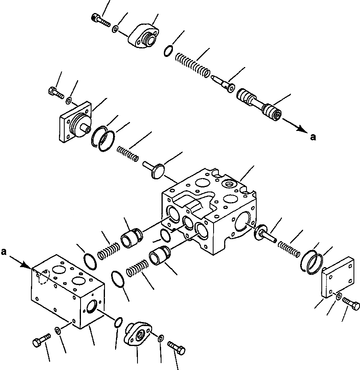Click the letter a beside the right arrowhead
(312, 137)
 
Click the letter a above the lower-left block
(4, 252)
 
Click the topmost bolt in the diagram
(101, 19)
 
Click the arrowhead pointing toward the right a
(301, 129)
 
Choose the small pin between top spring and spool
(223, 81)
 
